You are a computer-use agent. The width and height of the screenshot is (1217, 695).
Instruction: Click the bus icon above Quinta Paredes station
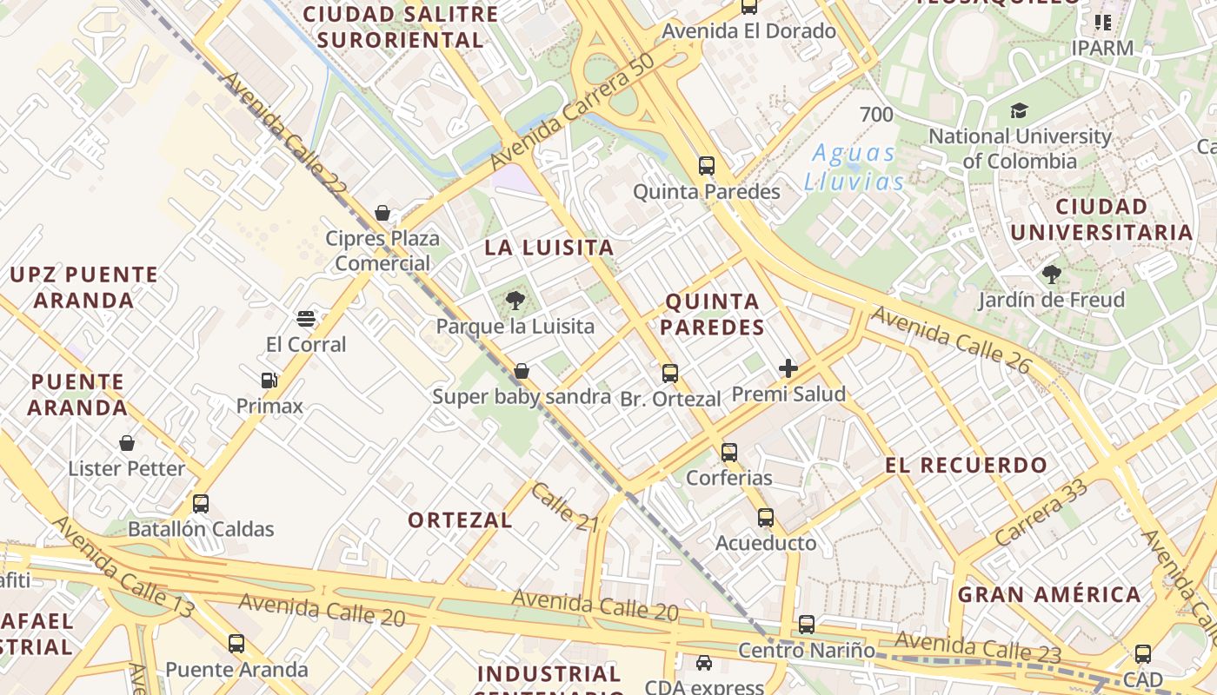(707, 166)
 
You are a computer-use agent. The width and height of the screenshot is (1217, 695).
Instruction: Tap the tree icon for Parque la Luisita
(515, 301)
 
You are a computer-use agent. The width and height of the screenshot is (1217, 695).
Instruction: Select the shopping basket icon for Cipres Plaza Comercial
(382, 213)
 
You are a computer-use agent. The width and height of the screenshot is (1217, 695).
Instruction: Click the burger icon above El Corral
(305, 319)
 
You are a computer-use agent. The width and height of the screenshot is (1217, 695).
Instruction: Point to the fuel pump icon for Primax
(269, 381)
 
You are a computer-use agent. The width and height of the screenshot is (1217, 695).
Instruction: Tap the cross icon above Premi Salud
(788, 368)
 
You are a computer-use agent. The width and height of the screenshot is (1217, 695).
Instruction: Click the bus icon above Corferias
(729, 453)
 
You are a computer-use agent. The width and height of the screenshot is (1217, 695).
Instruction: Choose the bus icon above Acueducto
(766, 518)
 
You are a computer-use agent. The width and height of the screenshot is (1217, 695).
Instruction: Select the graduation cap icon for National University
(1019, 110)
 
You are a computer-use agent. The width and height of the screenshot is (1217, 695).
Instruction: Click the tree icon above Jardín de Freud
(1052, 275)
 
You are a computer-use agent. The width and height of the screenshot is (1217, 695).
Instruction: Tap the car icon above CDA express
(704, 663)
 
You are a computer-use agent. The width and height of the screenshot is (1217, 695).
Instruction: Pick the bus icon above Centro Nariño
(807, 625)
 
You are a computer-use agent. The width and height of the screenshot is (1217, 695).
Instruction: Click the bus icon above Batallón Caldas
(201, 504)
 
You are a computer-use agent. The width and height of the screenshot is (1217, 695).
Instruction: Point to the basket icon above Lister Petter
(127, 443)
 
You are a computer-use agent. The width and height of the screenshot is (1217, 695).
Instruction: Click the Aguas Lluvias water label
(854, 167)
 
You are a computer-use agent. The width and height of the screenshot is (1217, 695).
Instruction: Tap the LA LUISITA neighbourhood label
(549, 248)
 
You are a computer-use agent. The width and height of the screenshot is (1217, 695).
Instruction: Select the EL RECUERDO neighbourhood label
(967, 466)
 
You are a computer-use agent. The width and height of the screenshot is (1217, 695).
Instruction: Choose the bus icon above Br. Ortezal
(670, 374)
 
